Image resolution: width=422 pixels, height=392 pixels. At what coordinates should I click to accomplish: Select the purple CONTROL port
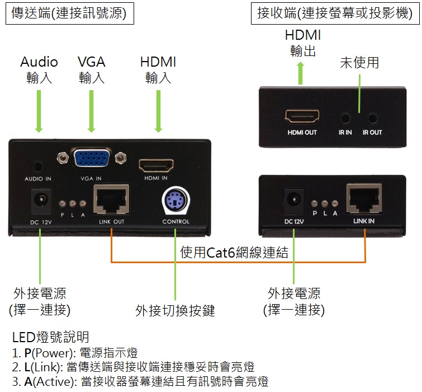[176, 202]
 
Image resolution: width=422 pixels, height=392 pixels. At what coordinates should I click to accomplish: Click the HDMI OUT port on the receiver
[302, 117]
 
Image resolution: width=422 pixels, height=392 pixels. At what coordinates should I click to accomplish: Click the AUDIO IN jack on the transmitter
[38, 166]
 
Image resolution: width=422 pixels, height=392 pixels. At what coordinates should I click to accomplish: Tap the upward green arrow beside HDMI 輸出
[301, 73]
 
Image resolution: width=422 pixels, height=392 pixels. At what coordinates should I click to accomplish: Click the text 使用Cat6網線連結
[235, 253]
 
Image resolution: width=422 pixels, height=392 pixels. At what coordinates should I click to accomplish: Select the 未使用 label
[359, 63]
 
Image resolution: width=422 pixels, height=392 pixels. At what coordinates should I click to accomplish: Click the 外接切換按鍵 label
[175, 310]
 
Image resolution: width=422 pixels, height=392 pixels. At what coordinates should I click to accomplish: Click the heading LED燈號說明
[50, 337]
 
